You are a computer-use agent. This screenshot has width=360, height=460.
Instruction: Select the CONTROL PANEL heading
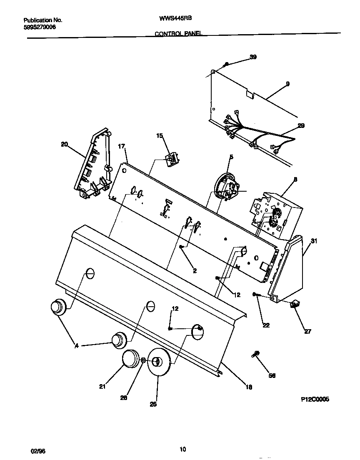pos(178,35)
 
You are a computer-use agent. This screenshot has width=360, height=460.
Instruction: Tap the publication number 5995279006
pos(40,27)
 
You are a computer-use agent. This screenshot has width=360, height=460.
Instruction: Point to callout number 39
pos(253,57)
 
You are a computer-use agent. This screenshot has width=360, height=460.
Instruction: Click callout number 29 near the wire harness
pos(301,125)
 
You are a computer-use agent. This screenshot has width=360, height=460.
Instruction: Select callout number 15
pos(160,136)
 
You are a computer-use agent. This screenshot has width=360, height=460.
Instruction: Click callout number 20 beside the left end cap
pos(64,144)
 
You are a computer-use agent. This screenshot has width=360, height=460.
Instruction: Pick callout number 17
pos(122,146)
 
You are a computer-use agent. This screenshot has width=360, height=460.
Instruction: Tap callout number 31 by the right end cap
pos(314,241)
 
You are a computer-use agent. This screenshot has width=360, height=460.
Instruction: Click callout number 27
pos(307,332)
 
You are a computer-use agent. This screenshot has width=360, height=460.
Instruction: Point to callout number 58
pos(272,375)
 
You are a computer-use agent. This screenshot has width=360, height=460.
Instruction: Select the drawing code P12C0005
pos(315,399)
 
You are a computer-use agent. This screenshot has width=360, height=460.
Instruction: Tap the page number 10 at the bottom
pos(182,449)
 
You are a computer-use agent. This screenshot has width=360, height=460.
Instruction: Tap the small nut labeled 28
pos(143,360)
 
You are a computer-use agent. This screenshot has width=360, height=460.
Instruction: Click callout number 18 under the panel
pos(248,387)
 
